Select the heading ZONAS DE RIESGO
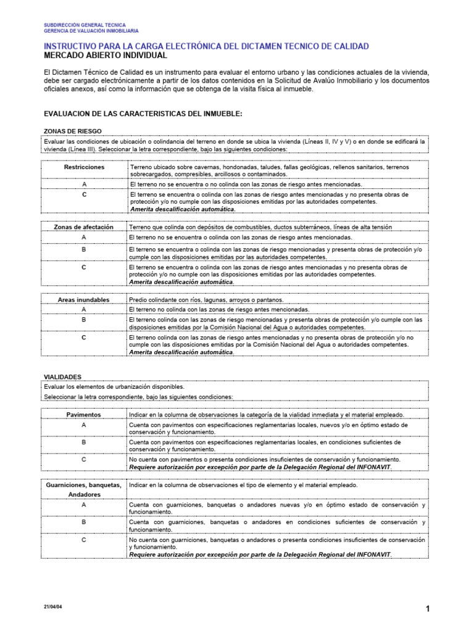[x=72, y=131]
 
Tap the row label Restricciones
[x=84, y=167]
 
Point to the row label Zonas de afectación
[x=84, y=227]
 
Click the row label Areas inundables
[x=84, y=300]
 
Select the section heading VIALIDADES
[x=62, y=376]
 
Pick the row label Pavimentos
[x=84, y=415]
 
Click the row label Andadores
[x=84, y=494]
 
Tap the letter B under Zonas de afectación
[x=84, y=249]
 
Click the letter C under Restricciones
[x=84, y=194]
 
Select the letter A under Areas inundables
[x=84, y=309]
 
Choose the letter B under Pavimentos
[x=84, y=443]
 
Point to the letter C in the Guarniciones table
[x=84, y=539]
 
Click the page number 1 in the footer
[x=427, y=609]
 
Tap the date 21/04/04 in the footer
[x=53, y=607]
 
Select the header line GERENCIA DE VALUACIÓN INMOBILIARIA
[x=91, y=30]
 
